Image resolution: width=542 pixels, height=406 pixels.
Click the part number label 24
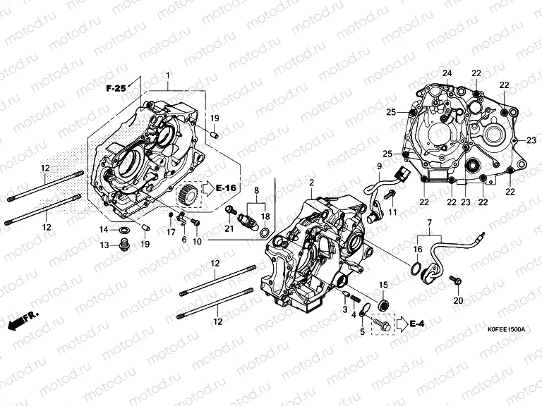[447, 74]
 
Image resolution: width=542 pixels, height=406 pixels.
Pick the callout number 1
[168, 75]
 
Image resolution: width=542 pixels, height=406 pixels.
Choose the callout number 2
[311, 183]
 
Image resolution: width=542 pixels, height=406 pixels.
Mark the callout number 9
[378, 167]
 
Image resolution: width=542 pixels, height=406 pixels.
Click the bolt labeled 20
[456, 283]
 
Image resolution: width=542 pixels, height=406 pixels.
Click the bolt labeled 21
[229, 210]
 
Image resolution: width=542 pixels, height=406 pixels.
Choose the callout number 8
[255, 191]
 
